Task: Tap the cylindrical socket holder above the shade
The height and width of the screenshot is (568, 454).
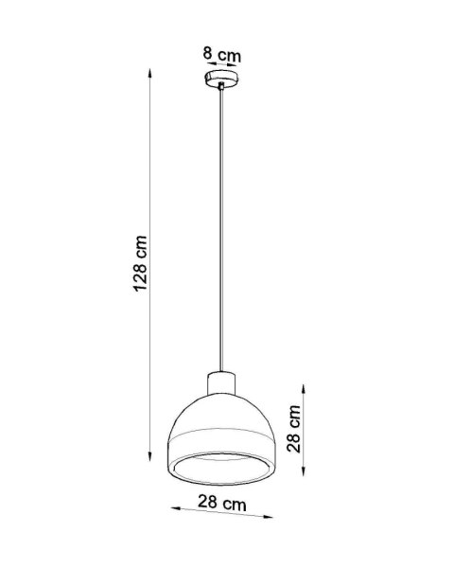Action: point(221,383)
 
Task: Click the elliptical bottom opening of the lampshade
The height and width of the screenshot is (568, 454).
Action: point(221,466)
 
